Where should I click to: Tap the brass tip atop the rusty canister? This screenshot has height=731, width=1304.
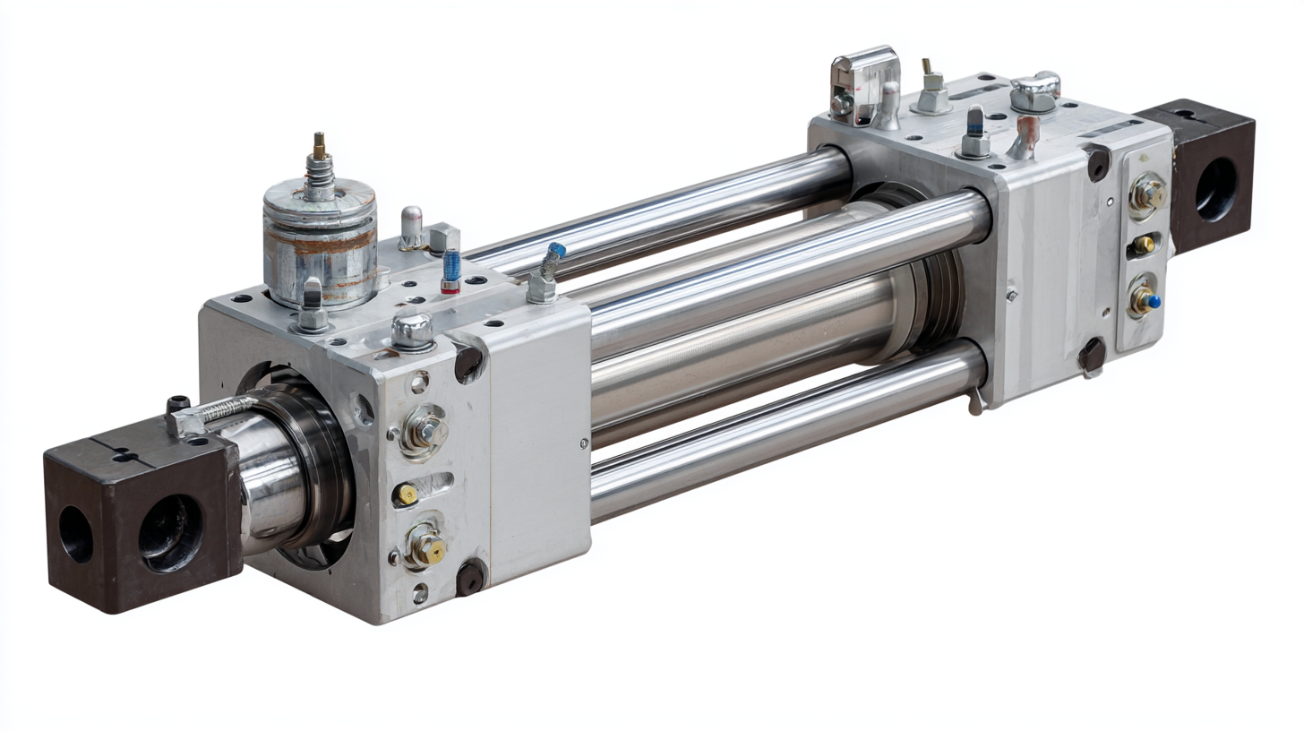click(318, 145)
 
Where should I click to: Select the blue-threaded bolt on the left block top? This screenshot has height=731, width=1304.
click(451, 270)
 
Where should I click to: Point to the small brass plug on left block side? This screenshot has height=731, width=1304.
click(407, 494)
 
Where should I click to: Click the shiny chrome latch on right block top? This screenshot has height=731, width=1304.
click(864, 85)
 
